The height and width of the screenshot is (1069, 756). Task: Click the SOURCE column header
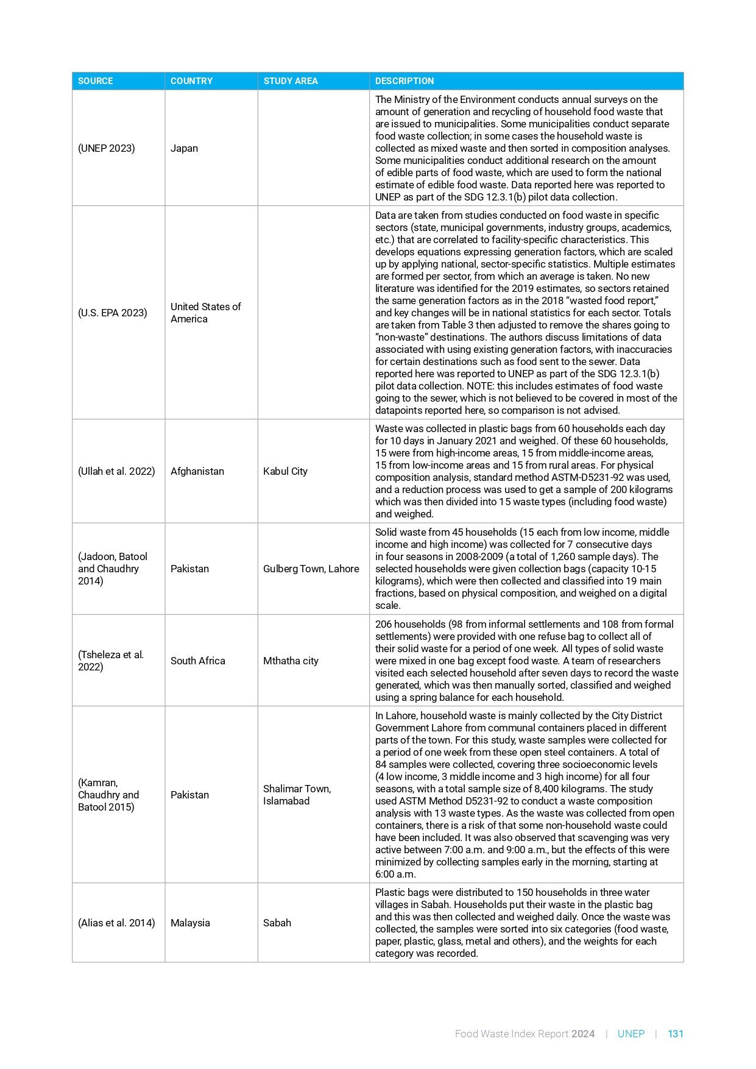(x=96, y=81)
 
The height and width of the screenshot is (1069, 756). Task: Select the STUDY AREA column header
(x=291, y=81)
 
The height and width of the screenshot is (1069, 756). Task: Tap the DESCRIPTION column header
(x=404, y=81)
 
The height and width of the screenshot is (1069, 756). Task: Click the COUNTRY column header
(x=191, y=81)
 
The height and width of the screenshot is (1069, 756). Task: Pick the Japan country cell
(x=185, y=149)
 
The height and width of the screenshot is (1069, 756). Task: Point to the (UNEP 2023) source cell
(x=107, y=149)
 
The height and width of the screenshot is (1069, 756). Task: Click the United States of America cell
(x=206, y=313)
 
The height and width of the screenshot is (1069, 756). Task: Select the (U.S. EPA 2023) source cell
(x=113, y=313)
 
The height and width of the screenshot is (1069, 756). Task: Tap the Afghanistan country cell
(x=197, y=471)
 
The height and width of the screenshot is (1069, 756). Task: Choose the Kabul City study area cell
(x=285, y=471)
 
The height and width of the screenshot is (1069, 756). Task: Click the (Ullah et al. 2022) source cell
(x=116, y=471)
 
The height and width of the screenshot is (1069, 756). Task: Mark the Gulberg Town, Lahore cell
(x=311, y=569)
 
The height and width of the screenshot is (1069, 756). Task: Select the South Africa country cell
(x=198, y=661)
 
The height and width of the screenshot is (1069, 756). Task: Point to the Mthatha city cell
(x=291, y=661)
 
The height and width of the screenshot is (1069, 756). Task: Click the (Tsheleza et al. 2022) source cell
(x=111, y=661)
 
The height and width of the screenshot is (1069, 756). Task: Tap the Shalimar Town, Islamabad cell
(x=297, y=795)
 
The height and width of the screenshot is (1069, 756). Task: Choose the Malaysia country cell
(x=190, y=923)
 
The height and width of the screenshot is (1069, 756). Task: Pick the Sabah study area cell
(x=277, y=923)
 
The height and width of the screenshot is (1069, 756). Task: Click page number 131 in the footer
(x=676, y=1034)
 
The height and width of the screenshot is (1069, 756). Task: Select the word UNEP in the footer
(x=631, y=1034)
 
